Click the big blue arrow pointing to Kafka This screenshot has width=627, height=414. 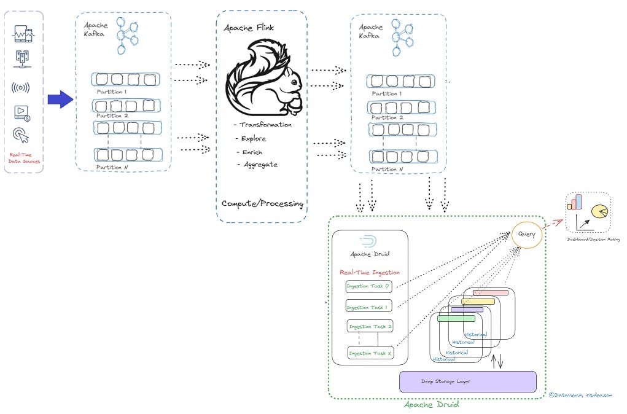(x=60, y=100)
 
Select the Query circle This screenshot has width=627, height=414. (x=527, y=234)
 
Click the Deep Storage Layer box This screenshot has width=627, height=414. (x=467, y=381)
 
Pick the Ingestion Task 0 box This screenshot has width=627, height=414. (x=368, y=286)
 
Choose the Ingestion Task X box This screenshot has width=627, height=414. (x=370, y=353)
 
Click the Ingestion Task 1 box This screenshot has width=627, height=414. (x=368, y=307)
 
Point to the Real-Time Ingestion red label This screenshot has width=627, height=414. (x=369, y=272)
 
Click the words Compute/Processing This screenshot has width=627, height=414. (x=262, y=203)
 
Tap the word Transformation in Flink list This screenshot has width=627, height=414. (x=265, y=125)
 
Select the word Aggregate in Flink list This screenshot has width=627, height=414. (x=259, y=165)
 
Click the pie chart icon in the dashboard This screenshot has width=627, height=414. (x=600, y=212)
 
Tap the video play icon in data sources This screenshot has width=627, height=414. (x=21, y=112)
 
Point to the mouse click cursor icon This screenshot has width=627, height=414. (x=21, y=136)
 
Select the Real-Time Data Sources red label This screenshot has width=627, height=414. (x=24, y=158)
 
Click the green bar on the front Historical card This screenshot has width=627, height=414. (x=456, y=318)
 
